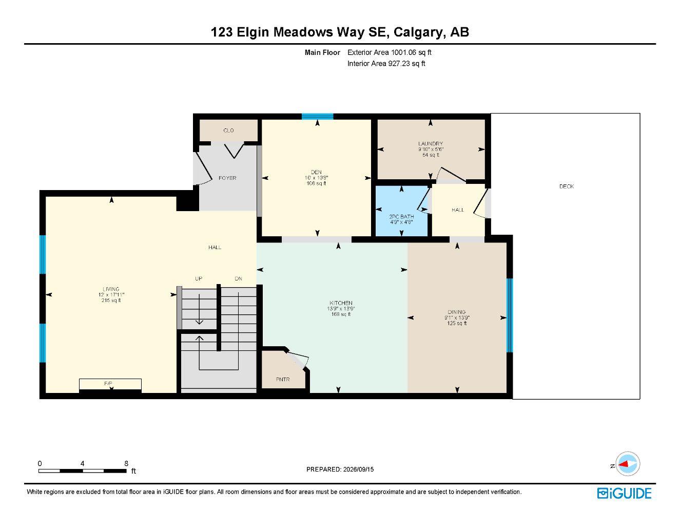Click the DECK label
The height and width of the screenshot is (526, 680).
tap(567, 186)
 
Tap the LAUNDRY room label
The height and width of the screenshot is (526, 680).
tap(431, 144)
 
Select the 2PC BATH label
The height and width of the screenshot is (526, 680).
tap(401, 217)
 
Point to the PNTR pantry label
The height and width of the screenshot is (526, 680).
tap(283, 379)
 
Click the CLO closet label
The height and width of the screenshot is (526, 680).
tap(228, 130)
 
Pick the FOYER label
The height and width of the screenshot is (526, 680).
tap(227, 178)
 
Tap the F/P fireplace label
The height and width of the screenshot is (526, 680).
tap(108, 384)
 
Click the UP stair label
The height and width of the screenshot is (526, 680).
tap(199, 278)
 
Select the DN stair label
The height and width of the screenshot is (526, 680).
tap(239, 278)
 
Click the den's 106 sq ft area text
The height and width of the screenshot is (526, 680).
tap(316, 183)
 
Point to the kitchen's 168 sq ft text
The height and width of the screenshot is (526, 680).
tap(341, 314)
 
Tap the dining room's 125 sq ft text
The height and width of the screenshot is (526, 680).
tap(457, 323)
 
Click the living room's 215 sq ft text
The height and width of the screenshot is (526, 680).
tap(111, 300)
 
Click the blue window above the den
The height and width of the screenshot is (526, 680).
tap(317, 117)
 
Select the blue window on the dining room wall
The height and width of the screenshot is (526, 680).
tap(510, 315)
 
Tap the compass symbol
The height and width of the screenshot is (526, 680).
tap(628, 464)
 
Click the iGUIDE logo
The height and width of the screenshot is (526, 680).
tap(624, 494)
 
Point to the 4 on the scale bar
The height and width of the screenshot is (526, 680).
tap(82, 463)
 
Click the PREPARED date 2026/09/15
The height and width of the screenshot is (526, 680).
tap(358, 469)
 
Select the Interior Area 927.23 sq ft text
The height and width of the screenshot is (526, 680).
tap(386, 64)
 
